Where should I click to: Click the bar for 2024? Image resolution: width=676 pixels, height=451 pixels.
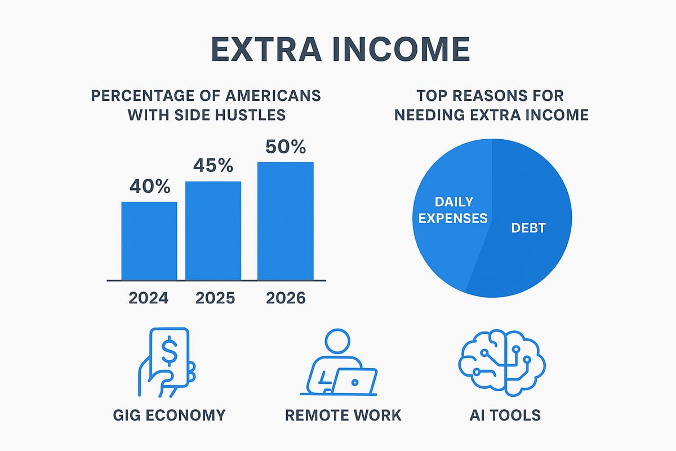[x=149, y=241]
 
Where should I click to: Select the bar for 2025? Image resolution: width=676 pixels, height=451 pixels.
[x=213, y=231]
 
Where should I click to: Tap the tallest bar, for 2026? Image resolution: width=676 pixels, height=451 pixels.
[x=285, y=221]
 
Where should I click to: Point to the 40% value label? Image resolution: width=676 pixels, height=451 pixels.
[x=149, y=187]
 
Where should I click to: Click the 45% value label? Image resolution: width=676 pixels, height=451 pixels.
[x=213, y=166]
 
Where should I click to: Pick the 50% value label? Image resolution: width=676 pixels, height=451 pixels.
[x=285, y=147]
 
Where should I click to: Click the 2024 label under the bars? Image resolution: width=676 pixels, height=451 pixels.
[x=149, y=298]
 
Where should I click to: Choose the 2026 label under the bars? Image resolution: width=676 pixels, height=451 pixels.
[x=285, y=298]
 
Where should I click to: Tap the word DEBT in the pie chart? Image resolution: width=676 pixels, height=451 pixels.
[x=528, y=228]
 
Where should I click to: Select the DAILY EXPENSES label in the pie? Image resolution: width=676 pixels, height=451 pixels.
[x=452, y=210]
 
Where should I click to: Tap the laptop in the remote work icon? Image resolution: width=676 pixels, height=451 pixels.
[x=353, y=381]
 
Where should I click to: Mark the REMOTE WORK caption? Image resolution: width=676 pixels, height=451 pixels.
[x=343, y=415]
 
